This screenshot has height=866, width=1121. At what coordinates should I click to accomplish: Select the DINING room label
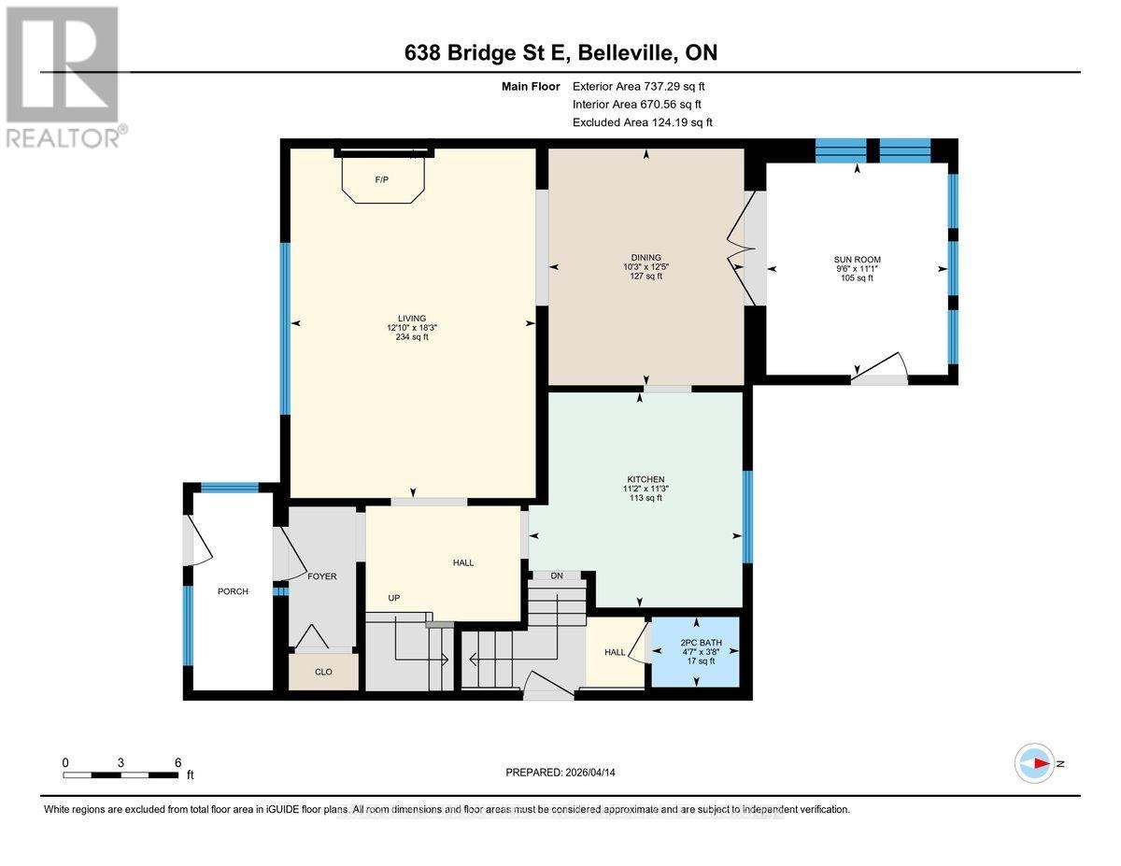click(x=646, y=258)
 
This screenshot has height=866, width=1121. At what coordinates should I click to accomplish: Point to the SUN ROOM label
click(x=857, y=260)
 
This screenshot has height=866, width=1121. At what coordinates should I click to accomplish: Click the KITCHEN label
click(x=646, y=479)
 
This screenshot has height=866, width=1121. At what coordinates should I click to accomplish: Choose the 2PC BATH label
click(x=696, y=643)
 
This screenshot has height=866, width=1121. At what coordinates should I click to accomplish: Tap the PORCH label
click(x=233, y=591)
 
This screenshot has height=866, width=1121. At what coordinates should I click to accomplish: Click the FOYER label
click(x=322, y=576)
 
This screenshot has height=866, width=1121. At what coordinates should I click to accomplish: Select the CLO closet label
click(x=323, y=672)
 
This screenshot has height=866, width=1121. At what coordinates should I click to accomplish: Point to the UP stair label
click(x=395, y=597)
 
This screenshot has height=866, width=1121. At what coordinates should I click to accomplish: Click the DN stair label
click(x=557, y=575)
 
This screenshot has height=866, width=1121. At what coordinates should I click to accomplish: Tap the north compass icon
click(x=1035, y=763)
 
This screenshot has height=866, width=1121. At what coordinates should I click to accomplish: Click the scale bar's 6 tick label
click(x=177, y=762)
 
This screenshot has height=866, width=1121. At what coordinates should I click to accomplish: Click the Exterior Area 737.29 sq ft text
click(x=646, y=86)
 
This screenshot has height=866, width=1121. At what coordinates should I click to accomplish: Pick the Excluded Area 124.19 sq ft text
click(x=643, y=122)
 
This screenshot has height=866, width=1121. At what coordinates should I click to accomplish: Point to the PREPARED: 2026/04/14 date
click(x=560, y=773)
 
